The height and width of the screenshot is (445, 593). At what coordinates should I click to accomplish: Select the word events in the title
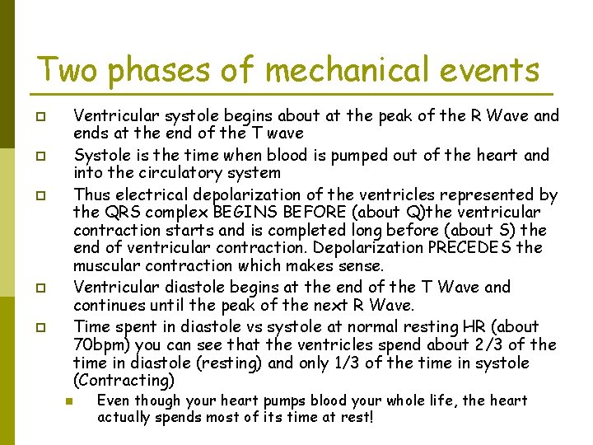pos(493,69)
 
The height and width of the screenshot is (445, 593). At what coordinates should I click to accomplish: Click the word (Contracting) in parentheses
pos(124,381)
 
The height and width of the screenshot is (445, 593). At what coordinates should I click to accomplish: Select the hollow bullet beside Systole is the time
pos(40,156)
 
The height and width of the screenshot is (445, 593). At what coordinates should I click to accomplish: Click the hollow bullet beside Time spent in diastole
pos(40,328)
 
